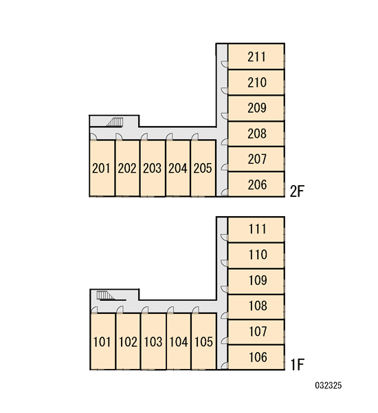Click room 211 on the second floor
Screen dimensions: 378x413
pos(256,56)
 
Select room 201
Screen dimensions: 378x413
pos(102,168)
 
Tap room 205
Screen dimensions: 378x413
pos(203,168)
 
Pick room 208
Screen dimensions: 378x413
pos(256,134)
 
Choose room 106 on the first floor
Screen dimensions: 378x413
pos(256,357)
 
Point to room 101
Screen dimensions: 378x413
pos(103,341)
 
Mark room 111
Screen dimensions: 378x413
pos(256,229)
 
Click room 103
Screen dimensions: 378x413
pos(153,341)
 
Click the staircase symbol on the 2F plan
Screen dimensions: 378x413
pos(115,123)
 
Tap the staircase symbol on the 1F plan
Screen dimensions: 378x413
pos(106,295)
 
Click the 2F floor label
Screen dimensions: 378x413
pos(297,191)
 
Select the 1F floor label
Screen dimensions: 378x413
pos(297,365)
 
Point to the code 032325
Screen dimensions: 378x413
pos(329,385)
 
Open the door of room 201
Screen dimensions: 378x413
pos(93,136)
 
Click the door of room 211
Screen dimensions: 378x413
pos(224,64)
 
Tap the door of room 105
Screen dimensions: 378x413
pos(195,310)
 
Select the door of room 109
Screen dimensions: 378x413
pos(224,288)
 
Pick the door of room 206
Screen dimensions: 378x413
pos(224,193)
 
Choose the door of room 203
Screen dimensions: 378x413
pos(144,136)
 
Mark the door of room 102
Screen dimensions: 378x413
pos(120,310)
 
